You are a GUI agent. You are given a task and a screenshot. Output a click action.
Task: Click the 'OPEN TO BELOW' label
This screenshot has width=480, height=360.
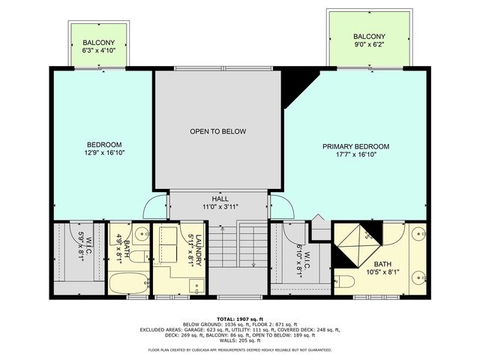pyautogui.click(x=217, y=131)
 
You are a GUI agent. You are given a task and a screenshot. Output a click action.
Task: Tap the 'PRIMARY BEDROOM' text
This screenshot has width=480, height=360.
pyautogui.click(x=356, y=146)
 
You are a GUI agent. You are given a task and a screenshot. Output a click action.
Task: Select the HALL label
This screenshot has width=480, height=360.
pyautogui.click(x=220, y=198)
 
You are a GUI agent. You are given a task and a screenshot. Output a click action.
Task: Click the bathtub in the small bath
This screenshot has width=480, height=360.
pyautogui.click(x=127, y=283)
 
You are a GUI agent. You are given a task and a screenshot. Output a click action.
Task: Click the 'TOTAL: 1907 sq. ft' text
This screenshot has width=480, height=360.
pyautogui.click(x=240, y=318)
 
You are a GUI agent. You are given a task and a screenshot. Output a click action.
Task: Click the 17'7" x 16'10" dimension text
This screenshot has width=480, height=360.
pyautogui.click(x=356, y=156)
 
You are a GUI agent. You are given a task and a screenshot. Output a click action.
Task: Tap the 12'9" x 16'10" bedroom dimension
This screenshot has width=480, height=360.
pyautogui.click(x=104, y=152)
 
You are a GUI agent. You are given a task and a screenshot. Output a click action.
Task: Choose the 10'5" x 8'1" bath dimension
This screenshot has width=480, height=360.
pyautogui.click(x=383, y=274)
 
